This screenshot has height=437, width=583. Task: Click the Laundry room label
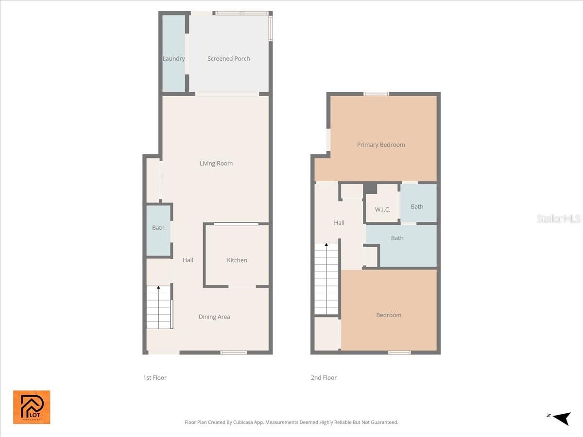pyautogui.click(x=173, y=59)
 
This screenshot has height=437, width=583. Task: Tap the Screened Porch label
pyautogui.click(x=228, y=59)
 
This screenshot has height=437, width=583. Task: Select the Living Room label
pyautogui.click(x=216, y=164)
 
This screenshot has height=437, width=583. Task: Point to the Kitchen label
pyautogui.click(x=237, y=260)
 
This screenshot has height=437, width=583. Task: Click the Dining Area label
pyautogui.click(x=214, y=317)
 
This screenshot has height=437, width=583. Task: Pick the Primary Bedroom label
pyautogui.click(x=381, y=145)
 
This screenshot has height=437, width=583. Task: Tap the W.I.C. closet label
pyautogui.click(x=382, y=210)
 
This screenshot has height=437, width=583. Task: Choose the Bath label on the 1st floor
pyautogui.click(x=158, y=228)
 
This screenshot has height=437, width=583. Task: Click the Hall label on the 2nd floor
pyautogui.click(x=339, y=223)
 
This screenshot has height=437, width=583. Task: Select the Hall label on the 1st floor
pyautogui.click(x=188, y=260)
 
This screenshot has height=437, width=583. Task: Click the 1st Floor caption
pyautogui.click(x=155, y=378)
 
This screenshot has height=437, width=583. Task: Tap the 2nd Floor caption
pyautogui.click(x=324, y=378)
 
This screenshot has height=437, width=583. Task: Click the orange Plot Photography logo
pyautogui.click(x=32, y=407)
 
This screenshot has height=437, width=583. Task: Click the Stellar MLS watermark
pyautogui.click(x=559, y=219)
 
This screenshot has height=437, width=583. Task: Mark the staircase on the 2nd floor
pyautogui.click(x=326, y=279)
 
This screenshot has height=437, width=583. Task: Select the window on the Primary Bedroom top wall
pyautogui.click(x=377, y=94)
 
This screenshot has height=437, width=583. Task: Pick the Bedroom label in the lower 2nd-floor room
pyautogui.click(x=389, y=315)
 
